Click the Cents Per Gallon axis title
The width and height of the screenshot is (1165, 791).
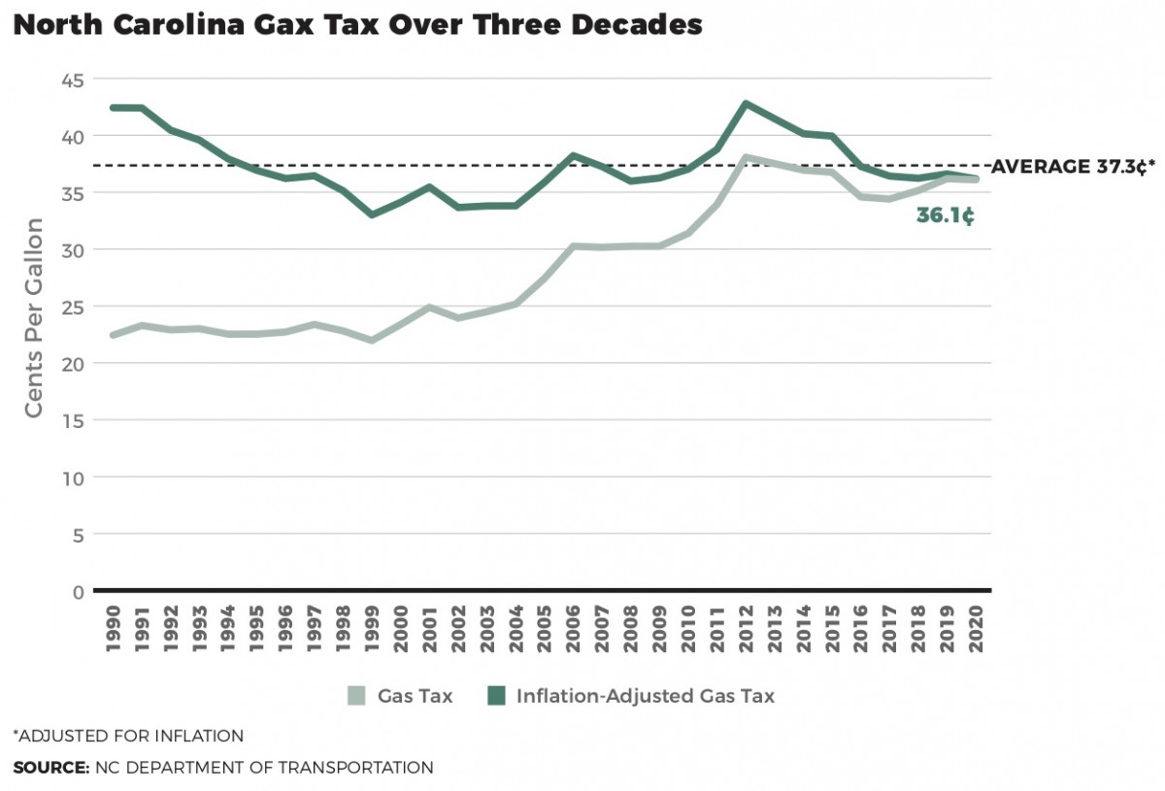[34, 319]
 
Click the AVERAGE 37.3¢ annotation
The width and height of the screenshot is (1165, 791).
[1073, 167]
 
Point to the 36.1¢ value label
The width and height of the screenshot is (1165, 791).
[945, 215]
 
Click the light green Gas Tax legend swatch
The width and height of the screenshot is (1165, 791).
[357, 696]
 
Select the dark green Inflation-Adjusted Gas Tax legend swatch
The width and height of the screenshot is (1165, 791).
[496, 696]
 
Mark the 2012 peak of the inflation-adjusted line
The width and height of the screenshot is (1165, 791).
[746, 103]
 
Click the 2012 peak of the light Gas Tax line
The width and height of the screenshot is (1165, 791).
[746, 157]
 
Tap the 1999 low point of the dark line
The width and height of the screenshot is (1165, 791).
[372, 214]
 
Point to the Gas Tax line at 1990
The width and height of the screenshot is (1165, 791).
[114, 335]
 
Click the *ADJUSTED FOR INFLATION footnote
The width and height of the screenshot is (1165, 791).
[128, 736]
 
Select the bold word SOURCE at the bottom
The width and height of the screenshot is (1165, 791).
[50, 768]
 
